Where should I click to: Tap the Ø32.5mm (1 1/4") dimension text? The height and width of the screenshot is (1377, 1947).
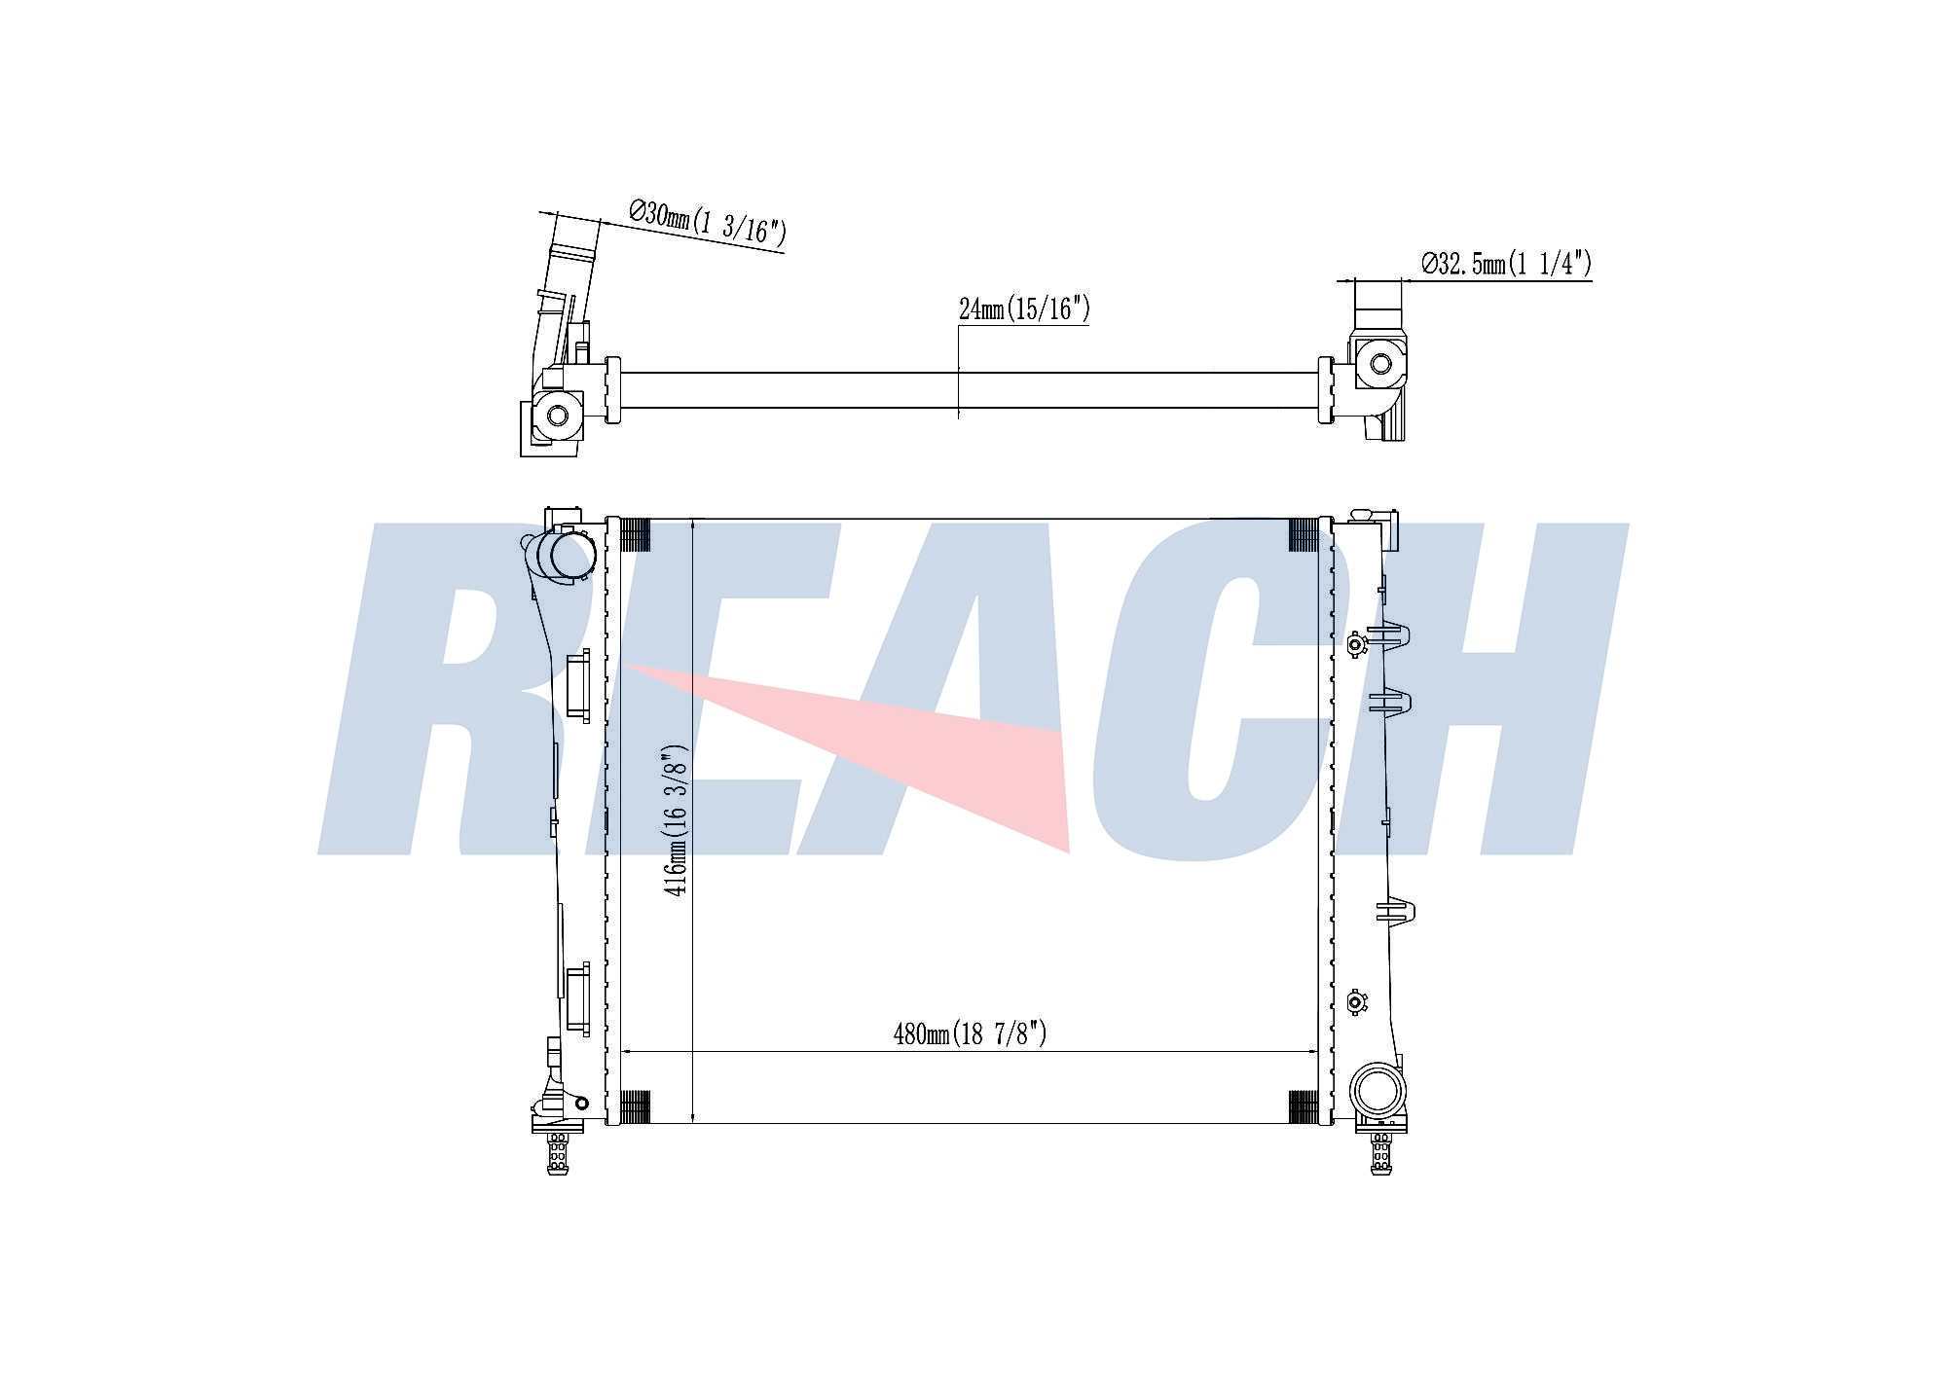click(x=1506, y=263)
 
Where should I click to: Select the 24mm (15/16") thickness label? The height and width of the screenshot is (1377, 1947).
click(x=1024, y=308)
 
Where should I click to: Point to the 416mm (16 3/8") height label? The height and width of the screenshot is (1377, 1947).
click(x=676, y=819)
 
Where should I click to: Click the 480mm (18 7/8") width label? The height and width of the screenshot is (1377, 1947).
click(x=970, y=1033)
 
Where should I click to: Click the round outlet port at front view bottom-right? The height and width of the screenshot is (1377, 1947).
click(x=1377, y=1090)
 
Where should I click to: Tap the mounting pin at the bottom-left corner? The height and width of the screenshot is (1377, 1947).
click(x=558, y=1152)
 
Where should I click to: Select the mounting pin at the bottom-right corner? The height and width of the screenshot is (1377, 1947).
click(x=1380, y=1153)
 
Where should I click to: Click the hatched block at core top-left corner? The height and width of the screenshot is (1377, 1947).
click(x=635, y=535)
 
